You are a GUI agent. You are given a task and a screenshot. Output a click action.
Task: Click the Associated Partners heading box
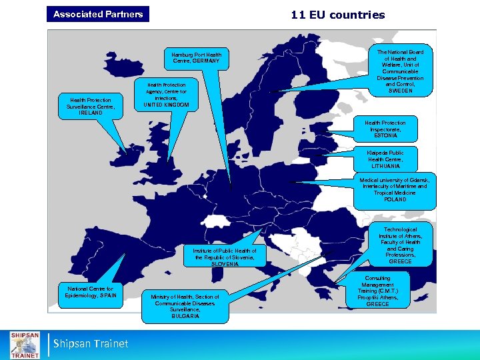[98, 14]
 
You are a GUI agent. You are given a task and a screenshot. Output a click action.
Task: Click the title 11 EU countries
[337, 15]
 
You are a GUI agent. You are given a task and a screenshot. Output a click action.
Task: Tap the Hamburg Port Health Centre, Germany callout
[197, 58]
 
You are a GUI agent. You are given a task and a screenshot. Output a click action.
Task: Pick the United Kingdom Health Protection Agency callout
[167, 95]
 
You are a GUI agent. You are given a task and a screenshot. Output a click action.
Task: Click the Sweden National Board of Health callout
[400, 71]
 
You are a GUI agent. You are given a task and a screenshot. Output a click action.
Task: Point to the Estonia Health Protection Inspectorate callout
[385, 129]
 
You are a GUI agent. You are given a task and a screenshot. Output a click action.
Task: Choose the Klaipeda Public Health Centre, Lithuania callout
[385, 159]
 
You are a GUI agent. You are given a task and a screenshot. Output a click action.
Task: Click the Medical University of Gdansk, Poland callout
[395, 190]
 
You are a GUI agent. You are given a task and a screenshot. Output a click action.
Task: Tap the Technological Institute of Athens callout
[400, 245]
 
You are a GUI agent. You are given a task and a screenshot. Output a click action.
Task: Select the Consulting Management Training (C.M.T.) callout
[377, 291]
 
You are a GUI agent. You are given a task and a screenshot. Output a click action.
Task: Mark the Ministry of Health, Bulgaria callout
[185, 306]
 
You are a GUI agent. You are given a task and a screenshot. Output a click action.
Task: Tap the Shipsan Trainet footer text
[91, 344]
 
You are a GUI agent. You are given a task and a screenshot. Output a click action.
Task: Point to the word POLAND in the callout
[395, 199]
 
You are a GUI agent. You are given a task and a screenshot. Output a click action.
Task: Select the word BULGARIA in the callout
[185, 316]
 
